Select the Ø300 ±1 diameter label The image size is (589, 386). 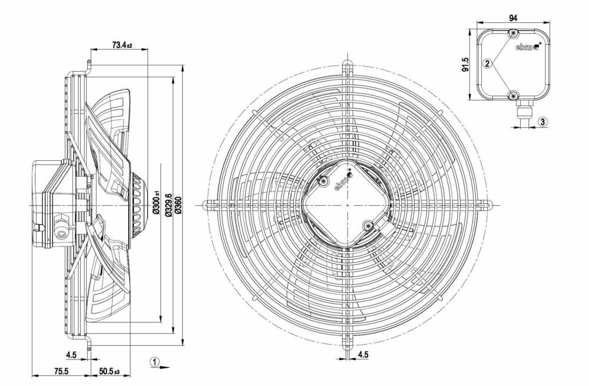point(156,204)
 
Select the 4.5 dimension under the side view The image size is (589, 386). point(71,355)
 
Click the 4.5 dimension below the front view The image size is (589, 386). point(363,355)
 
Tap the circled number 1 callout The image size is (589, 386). point(154,362)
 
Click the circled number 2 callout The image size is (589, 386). point(488,63)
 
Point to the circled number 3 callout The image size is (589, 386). point(543,121)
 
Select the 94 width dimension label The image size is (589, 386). point(513,18)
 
